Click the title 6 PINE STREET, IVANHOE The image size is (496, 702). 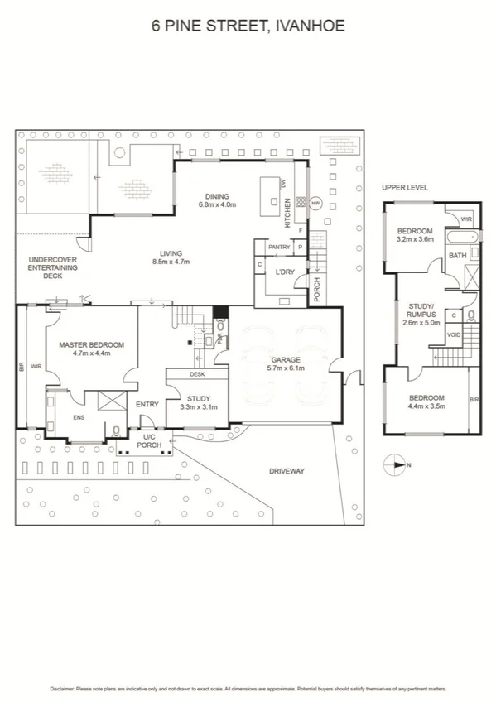click(x=248, y=26)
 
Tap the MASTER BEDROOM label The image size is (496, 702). click(x=91, y=344)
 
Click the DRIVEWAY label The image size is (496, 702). click(x=287, y=471)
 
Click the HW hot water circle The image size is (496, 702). click(x=315, y=203)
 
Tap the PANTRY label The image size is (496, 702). click(x=278, y=247)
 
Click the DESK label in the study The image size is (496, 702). click(x=196, y=374)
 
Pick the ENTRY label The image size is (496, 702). click(x=147, y=404)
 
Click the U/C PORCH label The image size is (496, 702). click(x=150, y=441)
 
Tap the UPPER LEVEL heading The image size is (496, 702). click(x=405, y=188)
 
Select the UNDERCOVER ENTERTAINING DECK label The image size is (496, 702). click(x=52, y=267)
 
